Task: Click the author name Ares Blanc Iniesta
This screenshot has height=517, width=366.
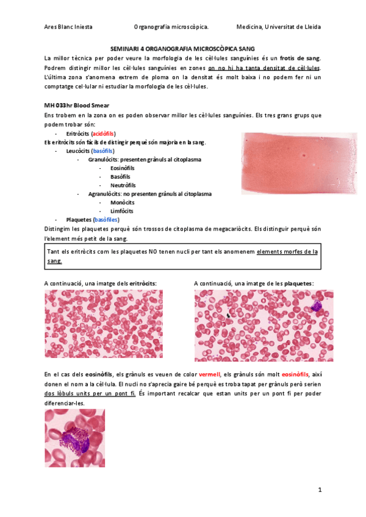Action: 72,27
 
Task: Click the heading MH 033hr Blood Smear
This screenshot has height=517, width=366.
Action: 77,105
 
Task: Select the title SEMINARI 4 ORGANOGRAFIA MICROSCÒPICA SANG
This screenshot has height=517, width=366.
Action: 182,48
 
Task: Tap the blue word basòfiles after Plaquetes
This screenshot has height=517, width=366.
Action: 106,219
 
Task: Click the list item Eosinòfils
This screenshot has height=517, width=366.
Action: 123,168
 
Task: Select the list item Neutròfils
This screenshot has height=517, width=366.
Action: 123,185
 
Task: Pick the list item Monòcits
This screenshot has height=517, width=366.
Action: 123,202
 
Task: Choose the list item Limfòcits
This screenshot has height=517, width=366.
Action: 122,211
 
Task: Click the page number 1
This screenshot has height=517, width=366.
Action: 319,490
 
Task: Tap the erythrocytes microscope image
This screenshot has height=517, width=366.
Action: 104,324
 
